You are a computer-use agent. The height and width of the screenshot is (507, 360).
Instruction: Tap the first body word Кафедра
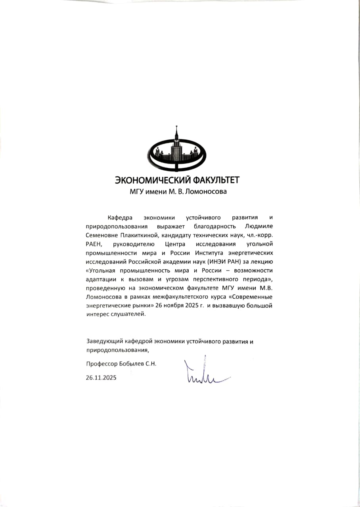tap(120, 217)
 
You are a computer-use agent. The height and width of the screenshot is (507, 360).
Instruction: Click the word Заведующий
tap(104, 341)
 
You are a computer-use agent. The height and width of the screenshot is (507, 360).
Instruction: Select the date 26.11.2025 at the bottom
tap(101, 378)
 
